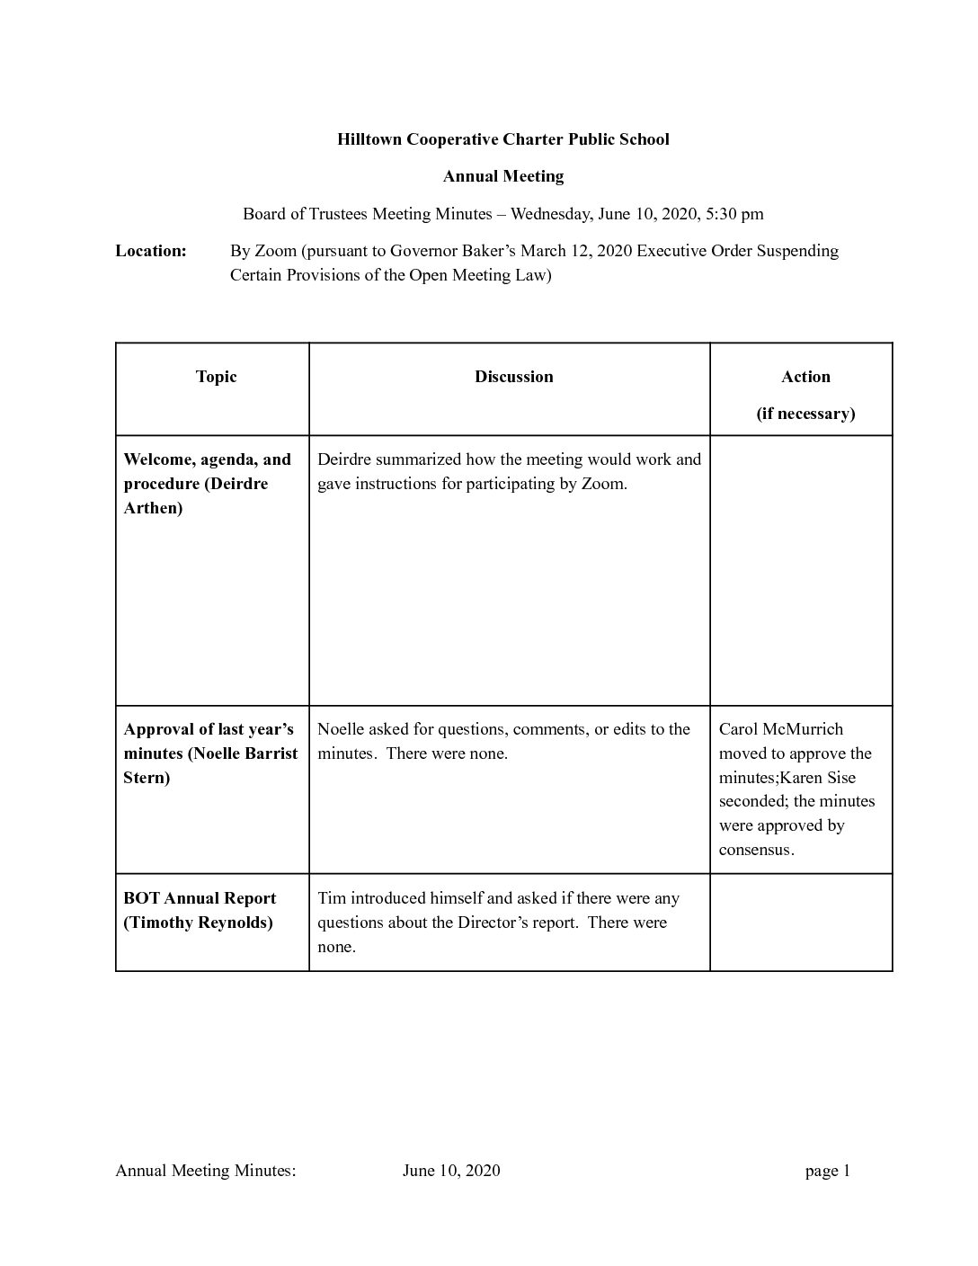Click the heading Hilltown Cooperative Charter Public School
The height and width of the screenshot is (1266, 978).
(x=502, y=139)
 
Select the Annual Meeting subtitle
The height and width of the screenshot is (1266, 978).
(x=502, y=176)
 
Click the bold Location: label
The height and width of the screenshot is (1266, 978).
(x=151, y=251)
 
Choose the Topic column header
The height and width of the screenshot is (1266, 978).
(x=216, y=377)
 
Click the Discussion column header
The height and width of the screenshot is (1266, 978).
(x=514, y=377)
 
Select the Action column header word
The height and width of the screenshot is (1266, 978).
(x=805, y=377)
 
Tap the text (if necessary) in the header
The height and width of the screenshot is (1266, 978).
(x=805, y=414)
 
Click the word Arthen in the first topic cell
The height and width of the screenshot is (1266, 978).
(x=153, y=508)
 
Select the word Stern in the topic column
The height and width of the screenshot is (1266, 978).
(x=147, y=778)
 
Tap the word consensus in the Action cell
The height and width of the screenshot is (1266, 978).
(x=755, y=850)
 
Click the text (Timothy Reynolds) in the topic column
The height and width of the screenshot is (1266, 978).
(x=198, y=923)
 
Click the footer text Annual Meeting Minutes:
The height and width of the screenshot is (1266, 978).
(x=206, y=1171)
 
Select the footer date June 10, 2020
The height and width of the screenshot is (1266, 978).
(x=451, y=1171)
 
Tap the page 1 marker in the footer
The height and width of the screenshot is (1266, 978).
(x=828, y=1171)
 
